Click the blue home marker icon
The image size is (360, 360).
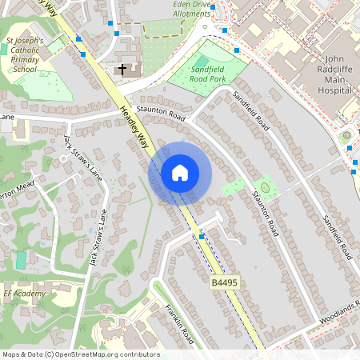click(180, 173)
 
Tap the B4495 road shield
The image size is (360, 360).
click(225, 283)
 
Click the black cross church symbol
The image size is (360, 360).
click(122, 70)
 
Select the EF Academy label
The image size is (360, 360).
click(24, 294)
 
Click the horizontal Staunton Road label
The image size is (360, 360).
click(161, 114)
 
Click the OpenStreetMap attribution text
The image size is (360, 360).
click(81, 354)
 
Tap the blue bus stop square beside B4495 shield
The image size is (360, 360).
click(202, 238)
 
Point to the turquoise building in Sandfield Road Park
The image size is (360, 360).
click(201, 61)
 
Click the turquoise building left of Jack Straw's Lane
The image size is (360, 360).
click(21, 260)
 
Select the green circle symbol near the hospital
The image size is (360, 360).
click(346, 137)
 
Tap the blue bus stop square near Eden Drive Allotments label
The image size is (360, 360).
click(225, 30)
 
